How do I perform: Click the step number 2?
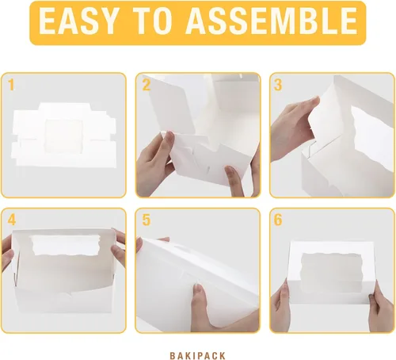147,84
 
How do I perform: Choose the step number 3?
279,84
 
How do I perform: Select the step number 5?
147,219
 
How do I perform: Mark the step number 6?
279,219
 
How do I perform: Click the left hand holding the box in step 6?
282,305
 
